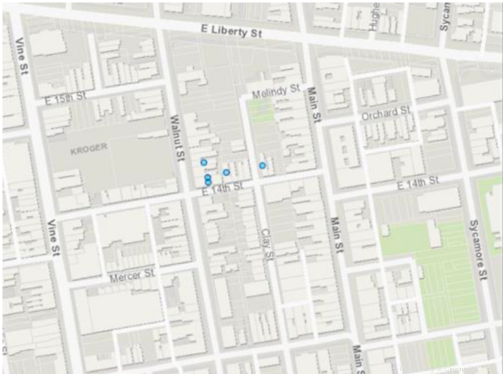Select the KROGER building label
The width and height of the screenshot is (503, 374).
[89, 150]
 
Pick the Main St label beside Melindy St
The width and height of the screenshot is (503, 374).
[313, 104]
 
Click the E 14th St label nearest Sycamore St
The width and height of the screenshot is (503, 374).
[417, 182]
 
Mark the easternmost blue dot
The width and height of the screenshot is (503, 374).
[263, 165]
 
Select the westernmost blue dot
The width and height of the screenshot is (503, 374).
[203, 162]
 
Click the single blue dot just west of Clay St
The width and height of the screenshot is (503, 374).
[227, 172]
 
